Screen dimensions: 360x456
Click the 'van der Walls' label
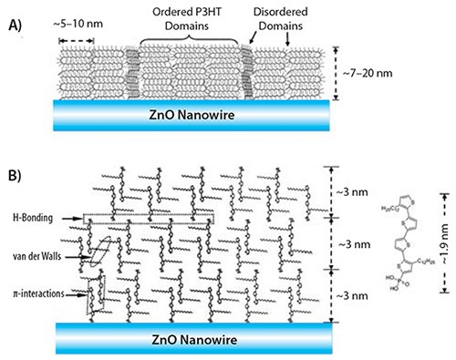tap(43, 257)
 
